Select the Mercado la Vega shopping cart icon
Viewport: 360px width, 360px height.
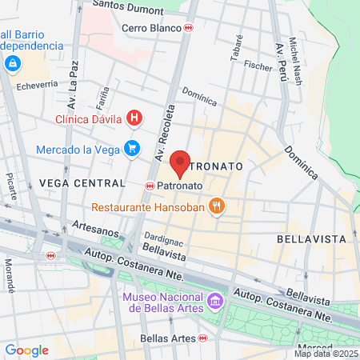click(132, 149)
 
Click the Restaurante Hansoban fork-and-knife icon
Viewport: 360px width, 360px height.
click(215, 207)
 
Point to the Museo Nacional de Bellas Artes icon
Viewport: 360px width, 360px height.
click(214, 302)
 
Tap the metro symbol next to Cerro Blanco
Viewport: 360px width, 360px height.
click(189, 26)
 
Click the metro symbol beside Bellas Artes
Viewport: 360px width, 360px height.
click(203, 339)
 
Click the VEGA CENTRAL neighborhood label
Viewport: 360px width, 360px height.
click(82, 183)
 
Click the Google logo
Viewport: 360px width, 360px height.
click(26, 350)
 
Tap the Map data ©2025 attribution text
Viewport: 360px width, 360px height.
click(326, 354)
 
